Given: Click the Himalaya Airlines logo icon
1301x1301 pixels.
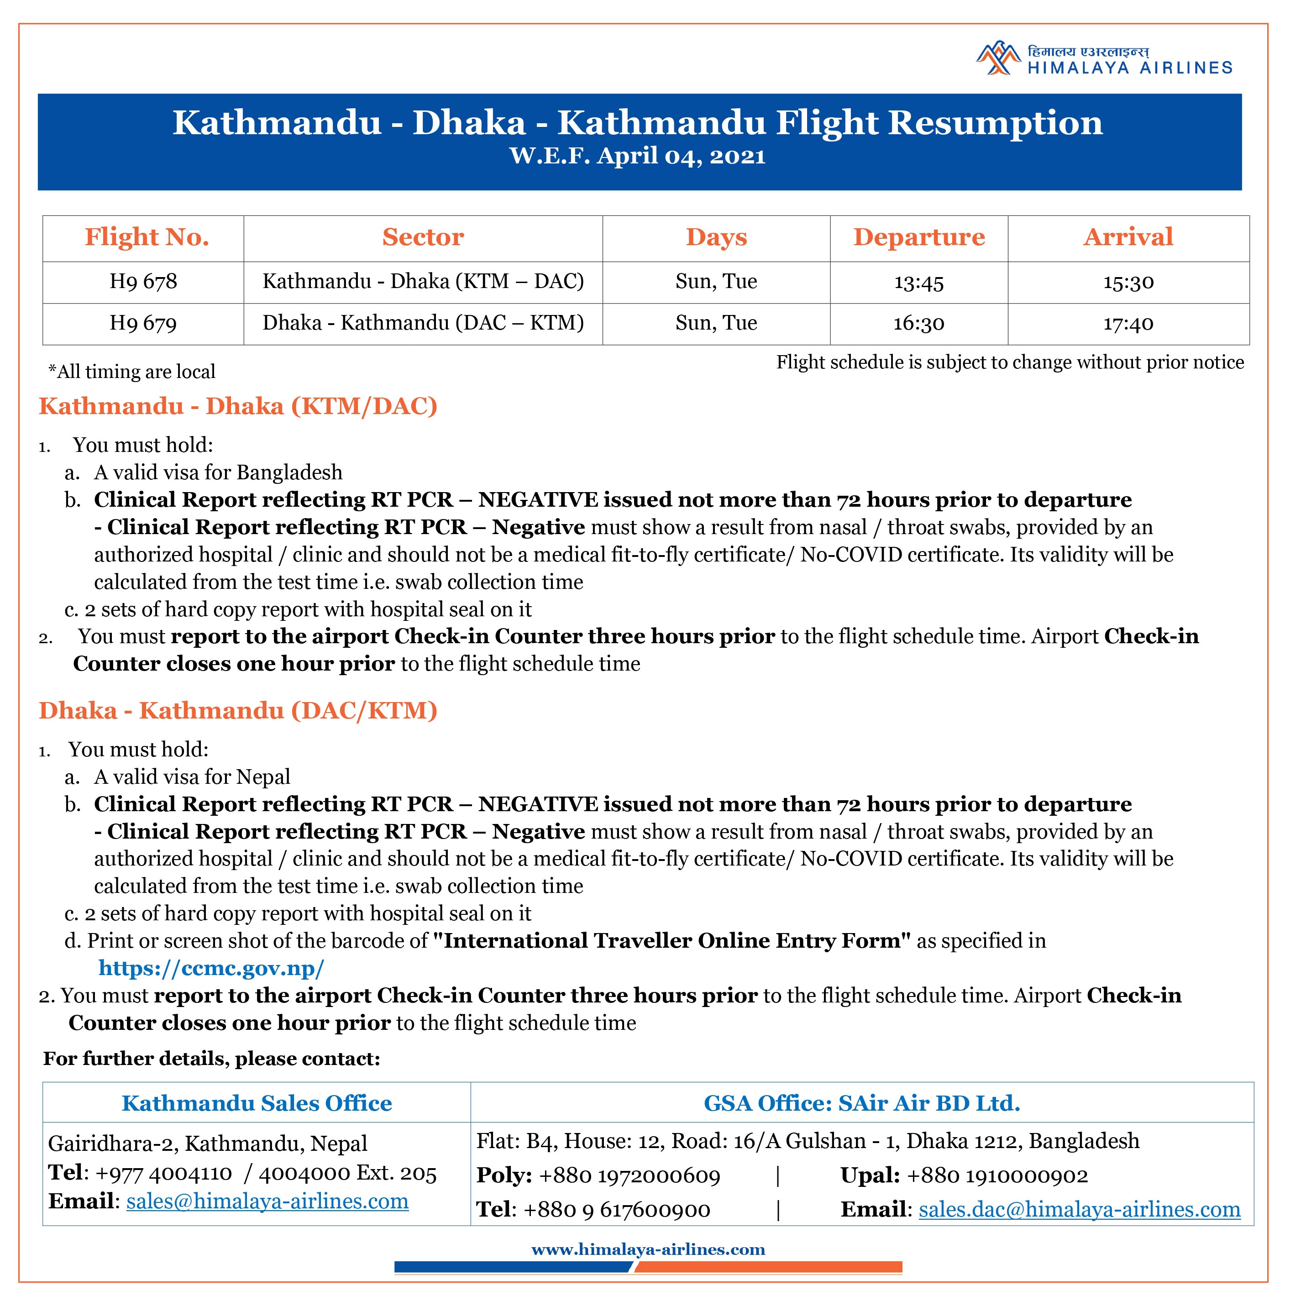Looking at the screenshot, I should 999,58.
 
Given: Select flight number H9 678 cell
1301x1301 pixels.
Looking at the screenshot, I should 143,282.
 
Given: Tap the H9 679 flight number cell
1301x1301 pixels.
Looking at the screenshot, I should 143,324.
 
